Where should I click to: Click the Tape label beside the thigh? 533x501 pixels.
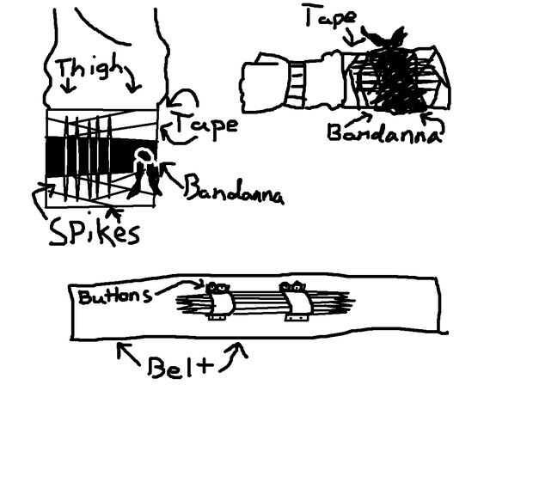pos(205,128)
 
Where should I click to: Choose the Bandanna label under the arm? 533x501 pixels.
pos(383,135)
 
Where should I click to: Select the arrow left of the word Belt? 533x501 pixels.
pos(126,351)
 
